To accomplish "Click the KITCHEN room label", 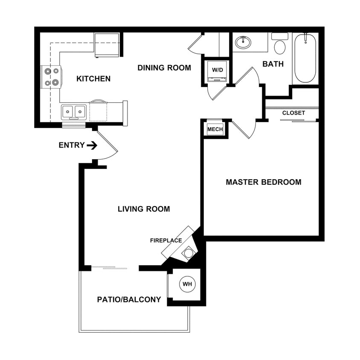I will coord(93,78).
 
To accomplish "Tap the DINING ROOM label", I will coord(164,68).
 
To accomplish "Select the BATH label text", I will coord(273,64).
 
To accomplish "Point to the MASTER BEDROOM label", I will coord(263,182).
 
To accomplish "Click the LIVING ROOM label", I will coord(144,209).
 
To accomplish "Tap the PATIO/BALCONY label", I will coord(129,299).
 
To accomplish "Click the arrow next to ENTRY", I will coord(92,145).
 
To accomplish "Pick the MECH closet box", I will coord(215,129).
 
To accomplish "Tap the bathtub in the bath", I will coord(305,58).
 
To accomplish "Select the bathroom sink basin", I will coord(243,43).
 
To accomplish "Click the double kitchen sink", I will coord(74,112).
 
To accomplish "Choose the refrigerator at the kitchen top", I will coord(107,44).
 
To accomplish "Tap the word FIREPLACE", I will coord(166,241).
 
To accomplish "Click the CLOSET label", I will coord(293,113).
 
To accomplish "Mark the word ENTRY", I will coord(72,145).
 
